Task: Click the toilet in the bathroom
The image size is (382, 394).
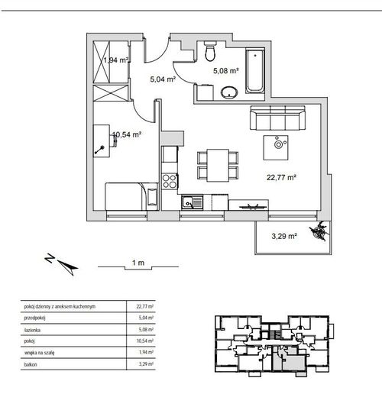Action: tap(210, 51)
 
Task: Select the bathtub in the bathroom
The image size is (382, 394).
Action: tap(254, 71)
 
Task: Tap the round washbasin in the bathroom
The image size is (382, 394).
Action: tap(229, 92)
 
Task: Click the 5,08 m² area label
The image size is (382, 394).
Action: tap(226, 70)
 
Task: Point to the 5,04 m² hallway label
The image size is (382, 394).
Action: tap(163, 79)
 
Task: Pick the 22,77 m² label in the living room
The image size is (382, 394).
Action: tap(281, 177)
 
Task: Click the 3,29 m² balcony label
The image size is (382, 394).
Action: tap(284, 236)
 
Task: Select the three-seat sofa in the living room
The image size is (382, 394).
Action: tap(277, 118)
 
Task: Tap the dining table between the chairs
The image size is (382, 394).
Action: tap(218, 165)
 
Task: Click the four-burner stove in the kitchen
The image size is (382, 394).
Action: tap(170, 181)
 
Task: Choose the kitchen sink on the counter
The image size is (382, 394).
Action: tap(193, 202)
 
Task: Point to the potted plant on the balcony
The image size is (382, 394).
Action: tap(319, 231)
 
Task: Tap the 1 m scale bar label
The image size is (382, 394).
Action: tap(138, 263)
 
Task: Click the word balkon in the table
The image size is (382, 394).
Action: tap(31, 364)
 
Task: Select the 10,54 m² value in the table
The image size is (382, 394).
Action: tap(145, 341)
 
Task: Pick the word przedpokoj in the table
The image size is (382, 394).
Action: tap(35, 318)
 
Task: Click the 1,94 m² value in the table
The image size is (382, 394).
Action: tap(146, 352)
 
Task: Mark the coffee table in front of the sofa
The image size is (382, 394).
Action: tap(276, 147)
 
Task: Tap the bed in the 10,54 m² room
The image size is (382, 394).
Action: tap(132, 196)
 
